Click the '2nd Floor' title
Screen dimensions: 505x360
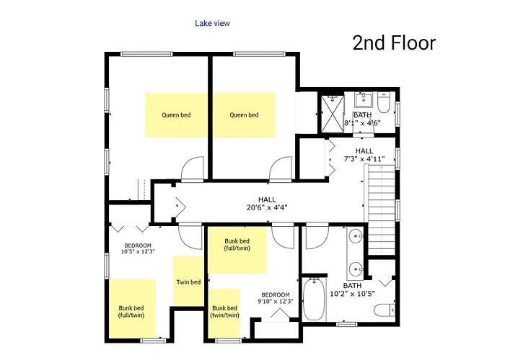pyautogui.click(x=394, y=43)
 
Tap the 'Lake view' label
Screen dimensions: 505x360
pyautogui.click(x=212, y=23)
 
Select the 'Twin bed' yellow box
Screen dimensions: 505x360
pyautogui.click(x=188, y=281)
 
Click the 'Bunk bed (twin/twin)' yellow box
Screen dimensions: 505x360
pyautogui.click(x=224, y=313)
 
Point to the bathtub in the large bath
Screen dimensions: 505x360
pyautogui.click(x=314, y=300)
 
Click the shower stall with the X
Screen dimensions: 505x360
pyautogui.click(x=333, y=114)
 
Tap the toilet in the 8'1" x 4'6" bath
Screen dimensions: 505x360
pyautogui.click(x=384, y=102)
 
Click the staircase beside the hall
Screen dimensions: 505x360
pyautogui.click(x=382, y=210)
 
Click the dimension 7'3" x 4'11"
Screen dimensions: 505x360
pyautogui.click(x=364, y=159)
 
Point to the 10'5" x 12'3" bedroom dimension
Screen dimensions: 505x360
pyautogui.click(x=138, y=251)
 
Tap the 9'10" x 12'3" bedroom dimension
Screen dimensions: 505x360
pyautogui.click(x=276, y=301)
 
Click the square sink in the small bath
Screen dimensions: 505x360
pyautogui.click(x=364, y=99)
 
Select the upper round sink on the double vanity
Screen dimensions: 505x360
pyautogui.click(x=356, y=237)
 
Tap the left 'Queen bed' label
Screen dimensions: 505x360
pyautogui.click(x=176, y=114)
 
